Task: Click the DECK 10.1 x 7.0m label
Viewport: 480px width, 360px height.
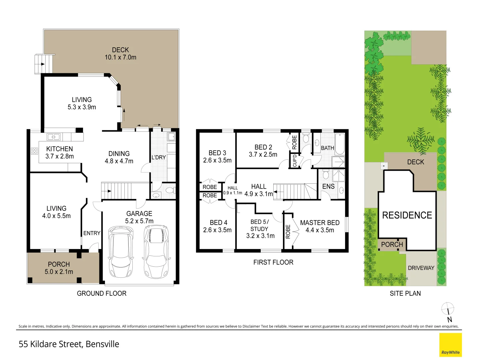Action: [x=120, y=54]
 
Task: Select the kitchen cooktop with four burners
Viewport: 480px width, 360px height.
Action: [x=34, y=151]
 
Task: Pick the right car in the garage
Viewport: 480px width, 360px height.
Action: [x=156, y=251]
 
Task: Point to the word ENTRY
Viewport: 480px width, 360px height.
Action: [x=92, y=233]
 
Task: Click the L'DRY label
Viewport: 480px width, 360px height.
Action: [x=159, y=157]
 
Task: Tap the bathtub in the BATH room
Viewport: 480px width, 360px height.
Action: [x=340, y=144]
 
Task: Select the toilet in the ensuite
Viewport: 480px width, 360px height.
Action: [x=326, y=174]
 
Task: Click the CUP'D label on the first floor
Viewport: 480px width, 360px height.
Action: [x=295, y=161]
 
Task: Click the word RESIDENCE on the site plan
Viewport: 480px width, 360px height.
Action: [x=407, y=215]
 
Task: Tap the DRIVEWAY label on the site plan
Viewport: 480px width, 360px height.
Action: [x=421, y=268]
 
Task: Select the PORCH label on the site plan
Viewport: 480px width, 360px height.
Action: [x=392, y=244]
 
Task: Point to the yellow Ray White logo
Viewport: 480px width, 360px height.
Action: [x=450, y=345]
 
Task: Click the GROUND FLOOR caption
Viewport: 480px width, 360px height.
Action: [x=102, y=293]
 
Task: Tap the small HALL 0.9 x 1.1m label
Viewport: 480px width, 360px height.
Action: [x=233, y=190]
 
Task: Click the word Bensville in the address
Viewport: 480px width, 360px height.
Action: [x=102, y=344]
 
